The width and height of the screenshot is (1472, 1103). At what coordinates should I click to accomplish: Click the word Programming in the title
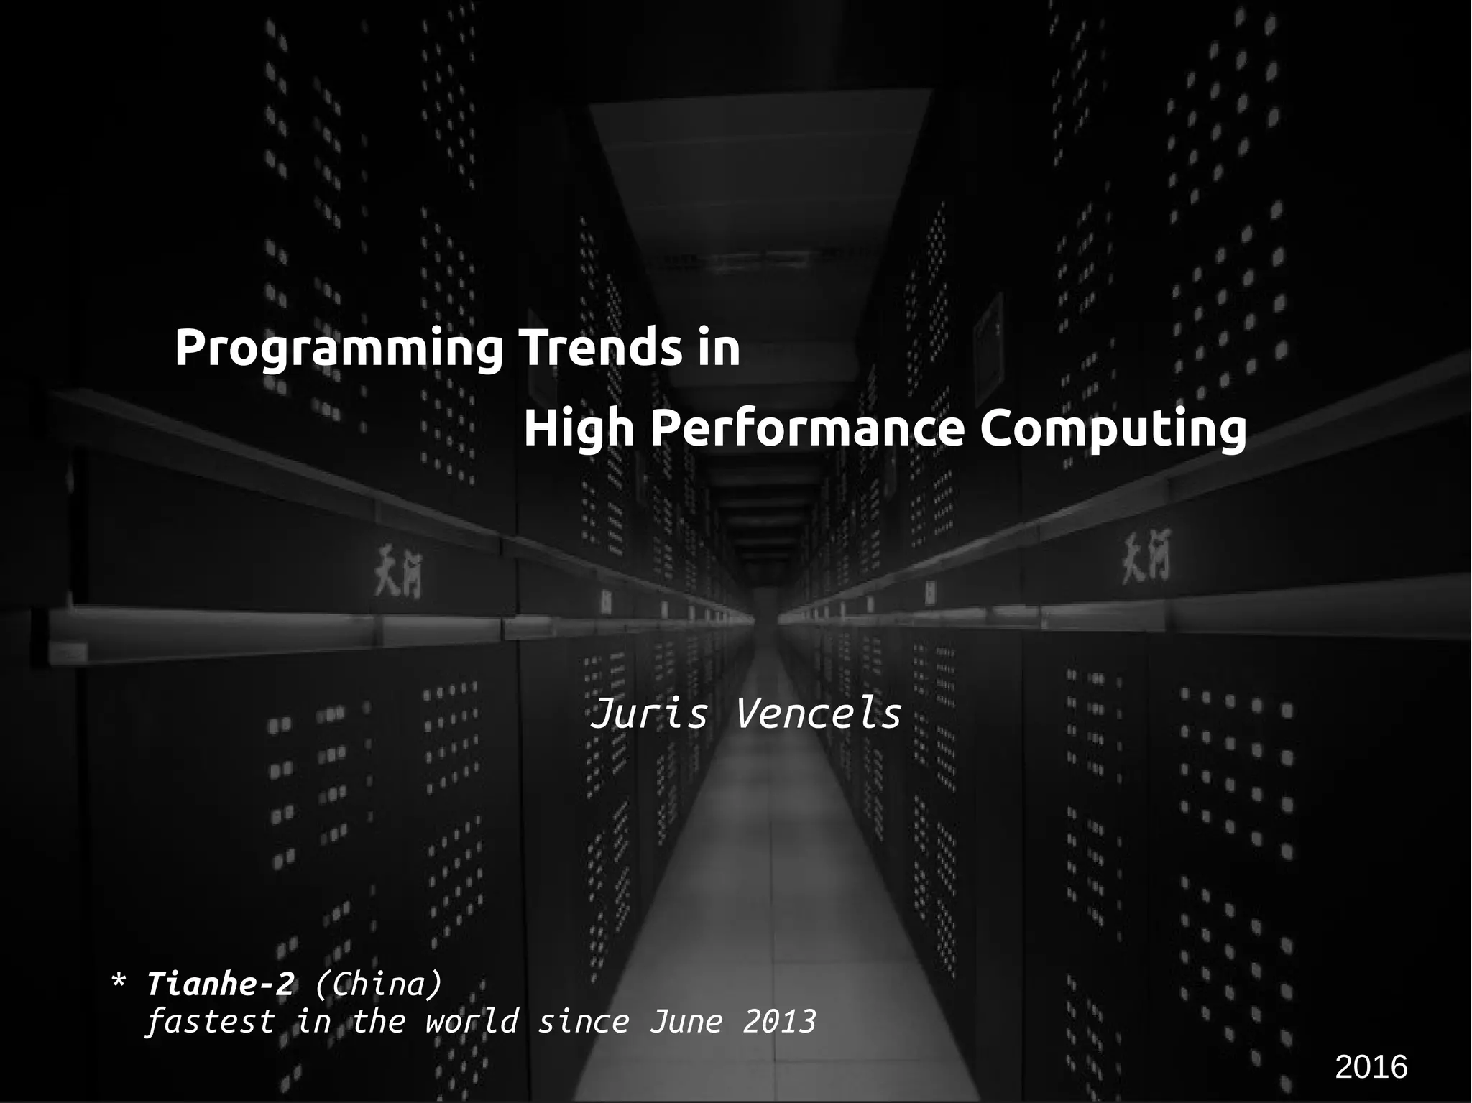[339, 349]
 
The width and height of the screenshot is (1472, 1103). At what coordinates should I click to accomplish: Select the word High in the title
[579, 429]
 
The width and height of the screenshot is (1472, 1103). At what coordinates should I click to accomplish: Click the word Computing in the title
[1113, 430]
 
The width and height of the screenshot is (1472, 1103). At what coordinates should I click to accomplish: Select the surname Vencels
[819, 714]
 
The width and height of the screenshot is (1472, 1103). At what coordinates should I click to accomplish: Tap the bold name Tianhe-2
[220, 984]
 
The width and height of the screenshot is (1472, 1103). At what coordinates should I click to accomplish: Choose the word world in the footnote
[471, 1021]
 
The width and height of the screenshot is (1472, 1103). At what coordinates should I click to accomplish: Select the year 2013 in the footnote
[780, 1021]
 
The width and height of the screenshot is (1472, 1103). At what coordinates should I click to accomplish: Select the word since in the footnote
[584, 1021]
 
